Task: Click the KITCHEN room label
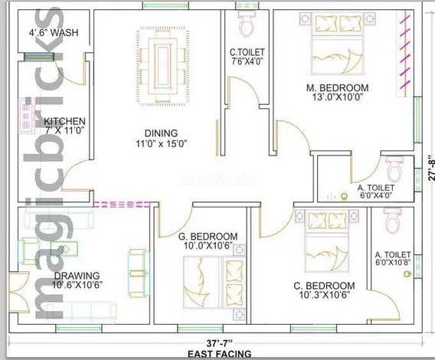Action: pos(64,121)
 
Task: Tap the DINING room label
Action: pos(161,133)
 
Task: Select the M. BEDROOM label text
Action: pos(337,88)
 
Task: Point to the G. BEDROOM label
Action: pos(208,237)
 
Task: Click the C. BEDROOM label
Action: pos(324,286)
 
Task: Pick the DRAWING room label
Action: pos(77,276)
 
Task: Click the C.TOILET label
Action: pos(247,52)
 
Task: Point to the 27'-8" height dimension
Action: pos(431,168)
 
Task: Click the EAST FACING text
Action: pos(220,354)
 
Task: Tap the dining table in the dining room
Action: pos(162,67)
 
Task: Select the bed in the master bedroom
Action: pos(337,44)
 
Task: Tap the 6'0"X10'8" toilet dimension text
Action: pos(393,263)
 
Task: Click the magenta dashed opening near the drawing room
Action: pos(122,205)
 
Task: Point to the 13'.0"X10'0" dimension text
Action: pos(337,97)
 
